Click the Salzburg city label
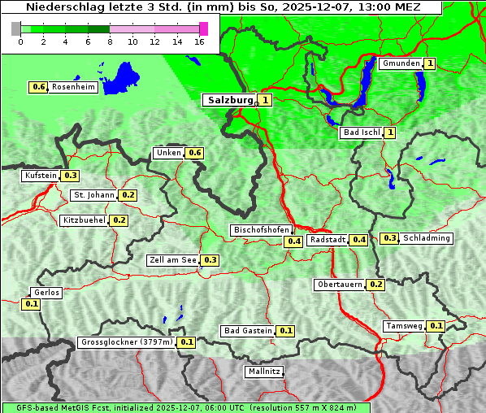230,100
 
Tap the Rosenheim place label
73,87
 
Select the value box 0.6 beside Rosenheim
38,87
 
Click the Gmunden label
401,63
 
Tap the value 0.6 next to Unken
194,153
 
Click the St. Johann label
93,195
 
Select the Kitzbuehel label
85,220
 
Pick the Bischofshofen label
262,231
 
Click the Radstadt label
328,240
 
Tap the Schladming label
427,238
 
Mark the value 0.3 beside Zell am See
210,260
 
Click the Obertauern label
341,285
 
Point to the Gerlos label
46,293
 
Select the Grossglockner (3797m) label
127,342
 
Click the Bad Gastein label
248,331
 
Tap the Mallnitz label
264,372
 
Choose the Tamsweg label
405,326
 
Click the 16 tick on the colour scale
200,41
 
